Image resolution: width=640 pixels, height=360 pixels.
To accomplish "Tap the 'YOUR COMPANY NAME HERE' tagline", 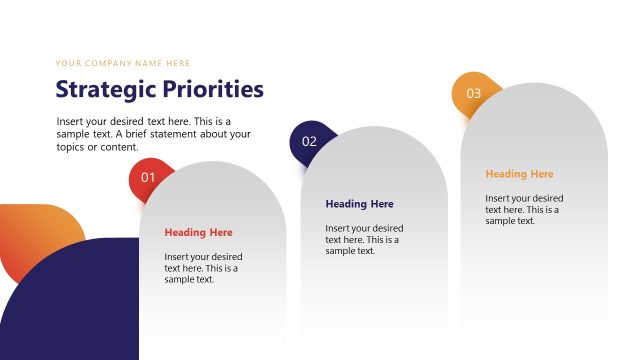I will (x=123, y=63).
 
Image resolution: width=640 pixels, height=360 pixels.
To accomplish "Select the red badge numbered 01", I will (x=148, y=178).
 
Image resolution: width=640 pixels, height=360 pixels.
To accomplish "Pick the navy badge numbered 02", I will (x=309, y=141).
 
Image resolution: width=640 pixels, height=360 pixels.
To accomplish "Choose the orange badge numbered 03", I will (x=472, y=93).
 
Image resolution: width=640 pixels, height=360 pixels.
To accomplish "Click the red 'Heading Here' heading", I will (x=198, y=233).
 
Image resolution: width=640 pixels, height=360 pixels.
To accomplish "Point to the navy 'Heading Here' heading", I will (x=359, y=204).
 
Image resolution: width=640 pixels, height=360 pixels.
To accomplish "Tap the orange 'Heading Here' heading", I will (x=519, y=174).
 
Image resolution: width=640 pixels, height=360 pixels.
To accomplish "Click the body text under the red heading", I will (x=203, y=268).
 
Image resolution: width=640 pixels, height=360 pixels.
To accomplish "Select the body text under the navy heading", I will (x=364, y=239).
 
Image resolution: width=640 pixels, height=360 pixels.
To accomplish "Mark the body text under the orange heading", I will (x=524, y=209).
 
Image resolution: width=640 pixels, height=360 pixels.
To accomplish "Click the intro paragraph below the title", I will (x=153, y=134).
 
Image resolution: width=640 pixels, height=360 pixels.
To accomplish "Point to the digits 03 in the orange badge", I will (x=473, y=93).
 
